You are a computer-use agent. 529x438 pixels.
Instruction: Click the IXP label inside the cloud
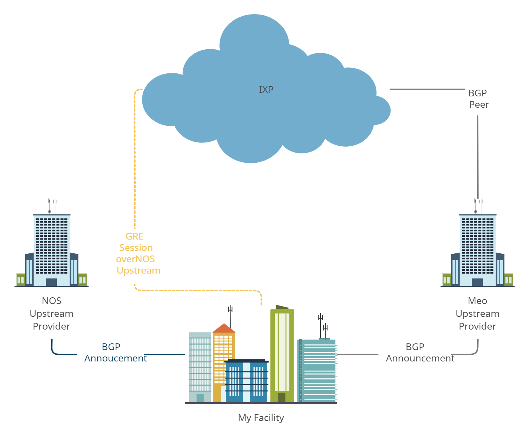tap(266, 90)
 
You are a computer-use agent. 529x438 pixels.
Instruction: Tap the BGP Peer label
tap(478, 99)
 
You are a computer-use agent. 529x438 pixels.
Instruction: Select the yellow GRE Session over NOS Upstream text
tap(137, 253)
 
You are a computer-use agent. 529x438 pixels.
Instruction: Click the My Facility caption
tap(261, 418)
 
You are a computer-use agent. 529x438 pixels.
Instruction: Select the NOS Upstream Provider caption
tap(51, 314)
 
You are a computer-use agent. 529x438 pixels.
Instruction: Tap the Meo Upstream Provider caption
tap(478, 314)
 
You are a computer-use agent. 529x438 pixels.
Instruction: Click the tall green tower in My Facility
tap(282, 354)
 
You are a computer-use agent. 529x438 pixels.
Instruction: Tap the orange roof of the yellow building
tap(224, 328)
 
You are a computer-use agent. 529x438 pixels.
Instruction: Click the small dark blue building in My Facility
tap(246, 381)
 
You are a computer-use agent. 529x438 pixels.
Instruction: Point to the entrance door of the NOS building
tap(51, 282)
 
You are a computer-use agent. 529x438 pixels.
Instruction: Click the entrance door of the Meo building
tap(478, 282)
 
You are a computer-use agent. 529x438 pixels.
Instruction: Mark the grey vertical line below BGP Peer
tap(478, 156)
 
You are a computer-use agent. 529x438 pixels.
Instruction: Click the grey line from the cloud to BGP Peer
tap(426, 89)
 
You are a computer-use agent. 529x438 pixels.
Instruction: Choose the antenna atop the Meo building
tap(478, 206)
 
